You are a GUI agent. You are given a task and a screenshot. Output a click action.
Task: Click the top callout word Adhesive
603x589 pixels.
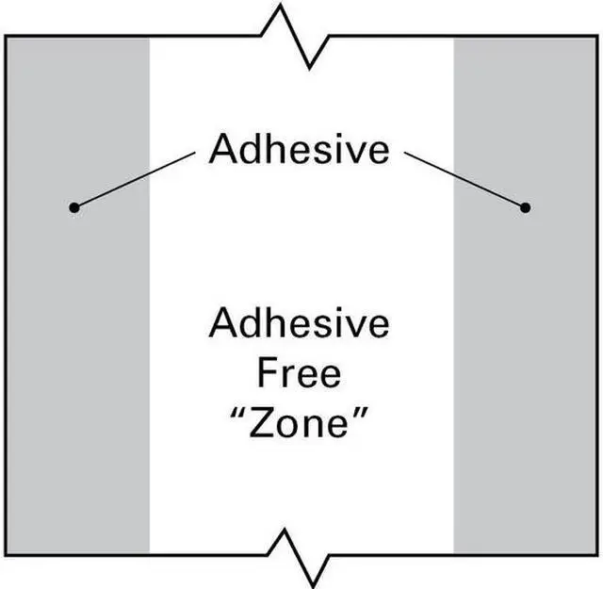[x=299, y=149]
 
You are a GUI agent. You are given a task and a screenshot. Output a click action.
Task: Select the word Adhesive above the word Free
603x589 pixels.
[x=299, y=323]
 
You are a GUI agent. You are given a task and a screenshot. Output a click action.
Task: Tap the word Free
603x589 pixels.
[x=299, y=374]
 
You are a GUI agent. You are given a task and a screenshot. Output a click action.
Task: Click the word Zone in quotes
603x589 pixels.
[x=299, y=425]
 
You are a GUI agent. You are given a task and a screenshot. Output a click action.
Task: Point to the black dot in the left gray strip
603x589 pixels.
[x=73, y=207]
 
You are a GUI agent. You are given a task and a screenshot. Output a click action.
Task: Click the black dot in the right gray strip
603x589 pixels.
[x=525, y=207]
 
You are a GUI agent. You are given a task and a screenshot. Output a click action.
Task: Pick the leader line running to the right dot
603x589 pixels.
[x=464, y=180]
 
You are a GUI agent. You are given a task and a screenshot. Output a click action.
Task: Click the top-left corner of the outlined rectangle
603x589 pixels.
[x=6, y=37]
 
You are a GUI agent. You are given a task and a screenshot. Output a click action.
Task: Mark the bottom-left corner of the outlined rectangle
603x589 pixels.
[x=6, y=554]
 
